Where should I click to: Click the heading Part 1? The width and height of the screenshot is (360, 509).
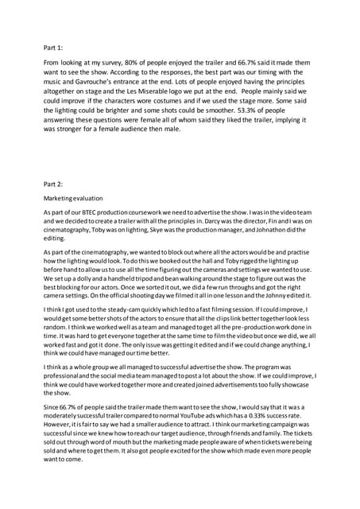point(54,47)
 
